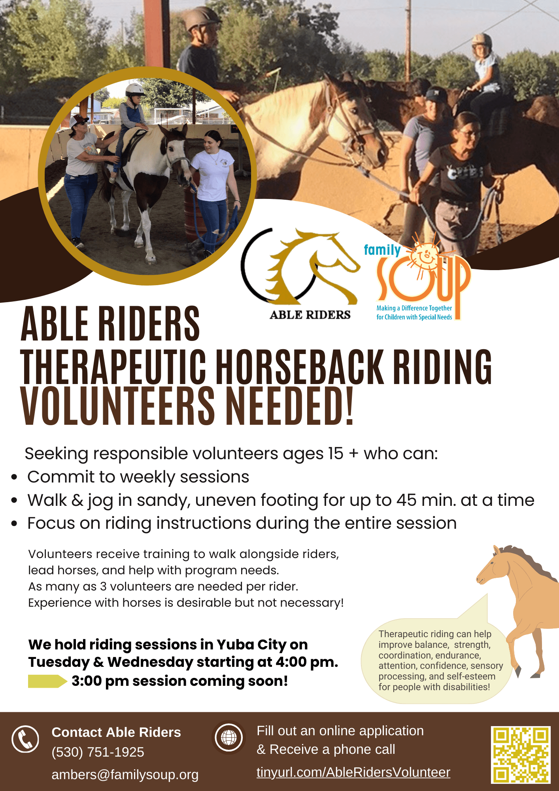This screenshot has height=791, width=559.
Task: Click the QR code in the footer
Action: (x=521, y=755)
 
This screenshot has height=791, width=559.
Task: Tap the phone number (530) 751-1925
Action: (x=98, y=752)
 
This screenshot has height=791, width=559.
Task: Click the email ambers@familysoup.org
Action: (x=125, y=774)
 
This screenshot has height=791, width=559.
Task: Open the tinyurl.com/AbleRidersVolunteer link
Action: (x=353, y=772)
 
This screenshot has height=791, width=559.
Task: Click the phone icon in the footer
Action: (x=25, y=739)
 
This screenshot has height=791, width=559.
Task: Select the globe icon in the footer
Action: (x=229, y=738)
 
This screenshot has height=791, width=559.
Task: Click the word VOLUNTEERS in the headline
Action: (x=117, y=406)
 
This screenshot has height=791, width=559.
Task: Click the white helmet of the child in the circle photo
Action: (x=134, y=90)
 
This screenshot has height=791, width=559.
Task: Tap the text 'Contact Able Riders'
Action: (x=116, y=732)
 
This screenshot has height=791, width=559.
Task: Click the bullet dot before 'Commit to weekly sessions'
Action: (x=14, y=477)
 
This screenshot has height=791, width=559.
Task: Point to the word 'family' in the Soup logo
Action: (x=382, y=250)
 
